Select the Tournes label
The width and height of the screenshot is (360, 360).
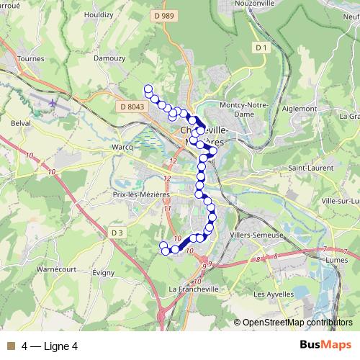pyautogui.click(x=30, y=59)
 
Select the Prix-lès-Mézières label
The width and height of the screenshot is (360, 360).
pyautogui.click(x=141, y=194)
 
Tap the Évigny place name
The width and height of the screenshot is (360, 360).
pyautogui.click(x=104, y=274)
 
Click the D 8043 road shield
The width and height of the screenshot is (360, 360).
pyautogui.click(x=132, y=107)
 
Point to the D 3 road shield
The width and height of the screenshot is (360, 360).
pyautogui.click(x=118, y=232)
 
